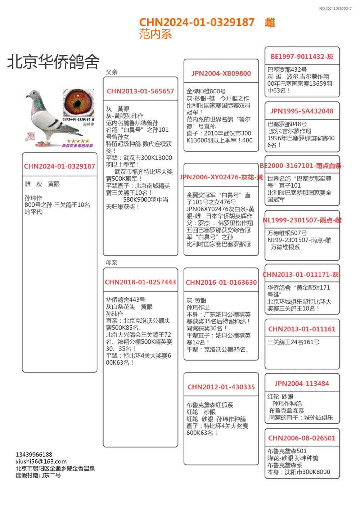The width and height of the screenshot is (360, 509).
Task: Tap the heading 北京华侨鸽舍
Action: click(x=53, y=62)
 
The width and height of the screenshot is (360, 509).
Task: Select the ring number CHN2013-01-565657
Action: click(x=140, y=91)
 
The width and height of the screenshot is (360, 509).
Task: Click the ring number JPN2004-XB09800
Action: click(x=221, y=73)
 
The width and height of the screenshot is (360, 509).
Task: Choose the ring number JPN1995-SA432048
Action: click(x=302, y=111)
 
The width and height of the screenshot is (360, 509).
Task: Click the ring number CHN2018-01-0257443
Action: click(x=140, y=282)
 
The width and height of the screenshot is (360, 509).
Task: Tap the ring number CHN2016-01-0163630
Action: click(x=221, y=283)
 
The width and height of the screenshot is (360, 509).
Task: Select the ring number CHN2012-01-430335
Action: click(x=221, y=387)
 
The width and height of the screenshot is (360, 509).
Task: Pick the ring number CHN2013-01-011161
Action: click(x=302, y=329)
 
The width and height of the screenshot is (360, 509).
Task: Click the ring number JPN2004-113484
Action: click(x=302, y=384)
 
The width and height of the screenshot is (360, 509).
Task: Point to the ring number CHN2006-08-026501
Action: click(x=302, y=438)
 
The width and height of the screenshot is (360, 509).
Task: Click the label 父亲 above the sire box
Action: click(x=112, y=72)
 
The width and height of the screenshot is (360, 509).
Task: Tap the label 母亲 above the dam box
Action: click(x=112, y=262)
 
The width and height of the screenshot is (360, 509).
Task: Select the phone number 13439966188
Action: click(x=34, y=455)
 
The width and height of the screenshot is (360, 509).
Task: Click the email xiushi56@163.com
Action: click(x=41, y=461)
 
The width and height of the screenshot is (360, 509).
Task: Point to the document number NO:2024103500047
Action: click(x=335, y=9)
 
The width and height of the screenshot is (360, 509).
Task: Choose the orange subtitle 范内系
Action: click(x=156, y=34)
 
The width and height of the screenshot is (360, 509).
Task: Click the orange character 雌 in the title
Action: click(x=270, y=23)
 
